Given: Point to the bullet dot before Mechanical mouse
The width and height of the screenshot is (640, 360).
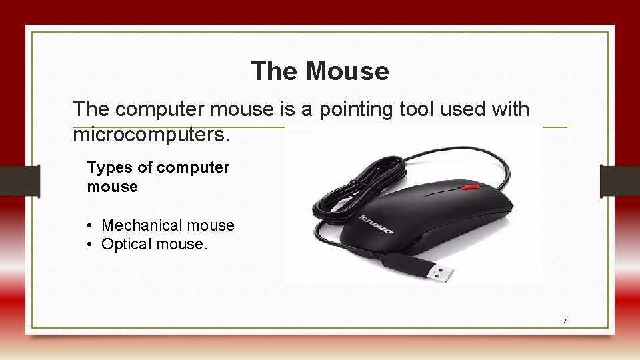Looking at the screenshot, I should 90,226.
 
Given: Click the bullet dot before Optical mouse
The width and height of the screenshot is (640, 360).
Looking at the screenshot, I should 90,245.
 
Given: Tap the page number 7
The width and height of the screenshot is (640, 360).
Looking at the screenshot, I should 565,321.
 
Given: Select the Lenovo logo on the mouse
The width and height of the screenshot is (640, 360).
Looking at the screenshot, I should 376,224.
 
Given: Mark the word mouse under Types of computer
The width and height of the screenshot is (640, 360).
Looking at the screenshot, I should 112,187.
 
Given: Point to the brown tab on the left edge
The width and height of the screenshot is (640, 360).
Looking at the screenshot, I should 19,181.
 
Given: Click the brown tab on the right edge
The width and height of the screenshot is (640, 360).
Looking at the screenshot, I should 620,181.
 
